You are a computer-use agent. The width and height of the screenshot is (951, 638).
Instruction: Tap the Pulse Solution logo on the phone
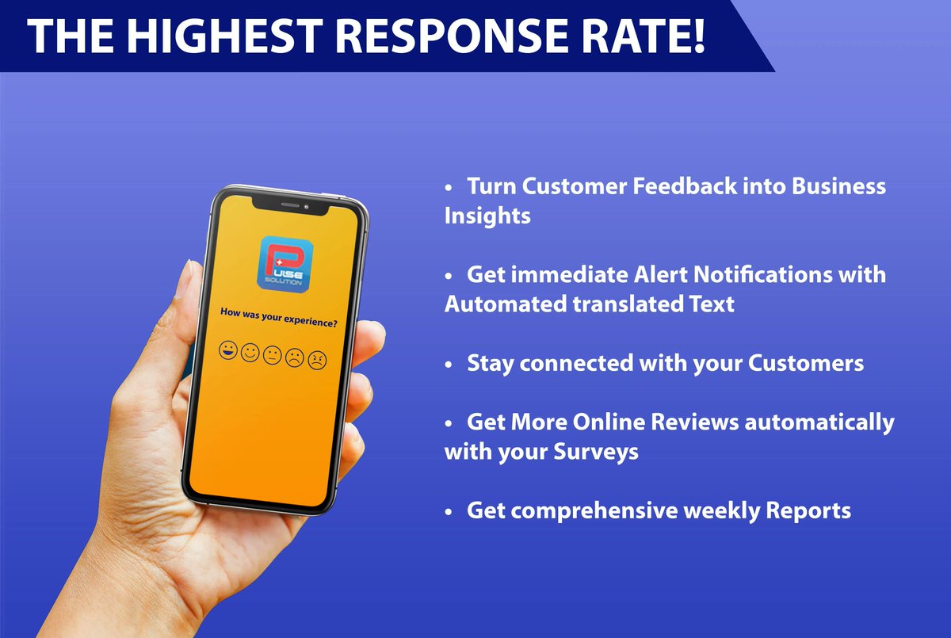click(286, 262)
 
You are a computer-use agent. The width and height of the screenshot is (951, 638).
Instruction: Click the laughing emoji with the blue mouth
click(229, 349)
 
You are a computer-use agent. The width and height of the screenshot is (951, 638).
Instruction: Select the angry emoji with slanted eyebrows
click(317, 361)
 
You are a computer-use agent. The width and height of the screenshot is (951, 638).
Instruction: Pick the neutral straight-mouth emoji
click(273, 354)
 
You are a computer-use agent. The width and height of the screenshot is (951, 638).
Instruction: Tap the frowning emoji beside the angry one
click(295, 357)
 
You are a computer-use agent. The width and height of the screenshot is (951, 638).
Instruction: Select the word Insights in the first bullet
click(487, 216)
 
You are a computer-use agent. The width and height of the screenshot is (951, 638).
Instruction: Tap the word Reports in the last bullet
click(808, 510)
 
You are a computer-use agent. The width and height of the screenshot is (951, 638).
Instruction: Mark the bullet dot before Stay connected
click(449, 365)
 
